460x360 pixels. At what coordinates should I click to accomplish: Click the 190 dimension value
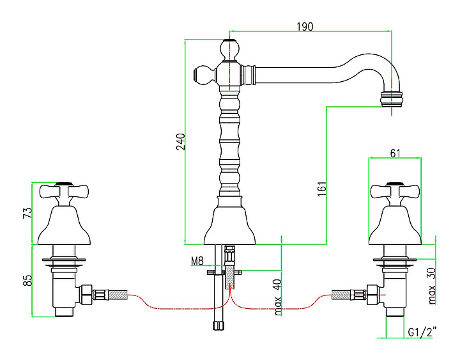click(304, 26)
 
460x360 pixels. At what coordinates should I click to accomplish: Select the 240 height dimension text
click(180, 141)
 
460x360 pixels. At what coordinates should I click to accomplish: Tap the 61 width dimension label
click(395, 153)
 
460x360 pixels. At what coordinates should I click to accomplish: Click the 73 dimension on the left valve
click(26, 213)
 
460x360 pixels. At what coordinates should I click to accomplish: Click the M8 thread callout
click(197, 260)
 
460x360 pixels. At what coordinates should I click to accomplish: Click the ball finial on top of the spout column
click(229, 48)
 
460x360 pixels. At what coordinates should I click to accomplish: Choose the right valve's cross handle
click(394, 191)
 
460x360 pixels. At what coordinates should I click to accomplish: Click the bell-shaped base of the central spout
click(230, 224)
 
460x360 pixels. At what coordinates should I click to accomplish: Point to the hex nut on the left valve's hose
click(85, 295)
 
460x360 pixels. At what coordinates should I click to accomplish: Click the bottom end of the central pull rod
click(217, 325)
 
